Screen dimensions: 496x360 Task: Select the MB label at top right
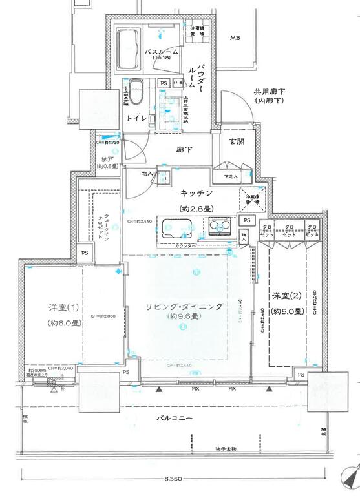(237, 38)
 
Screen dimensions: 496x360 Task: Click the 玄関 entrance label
(236, 141)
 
